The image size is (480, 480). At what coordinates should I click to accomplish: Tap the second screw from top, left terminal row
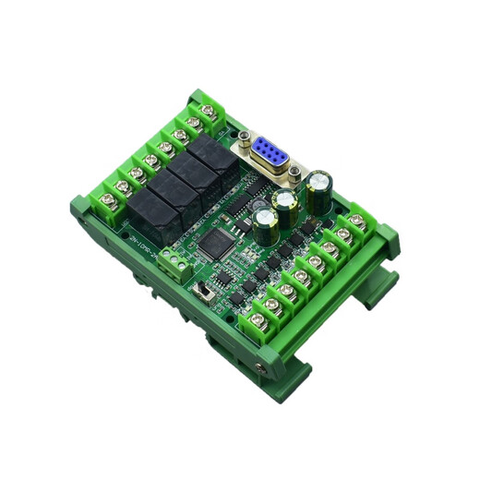pos(192,122)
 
